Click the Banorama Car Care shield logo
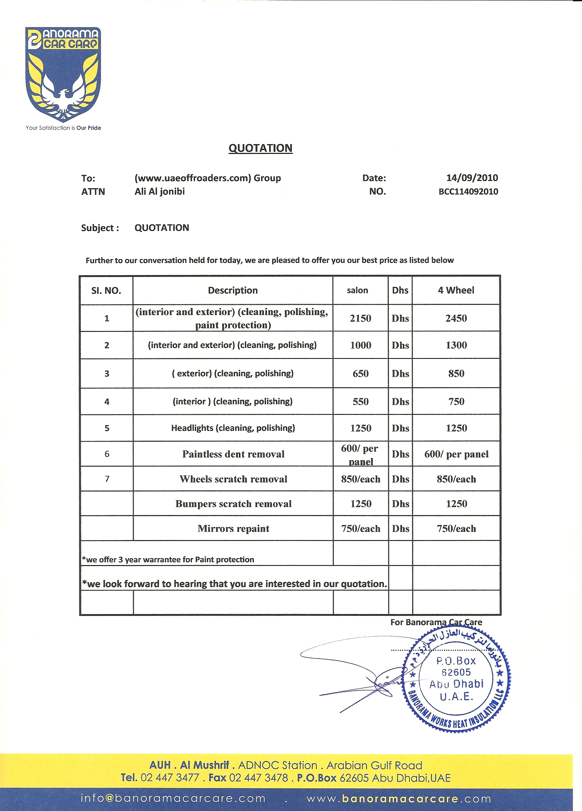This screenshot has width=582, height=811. pos(63,74)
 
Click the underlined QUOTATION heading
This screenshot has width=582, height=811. pos(260,148)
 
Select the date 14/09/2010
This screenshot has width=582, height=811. pos(472,178)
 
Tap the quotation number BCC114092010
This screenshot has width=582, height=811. pos(468,191)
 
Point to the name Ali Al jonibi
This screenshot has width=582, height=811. pos(159,191)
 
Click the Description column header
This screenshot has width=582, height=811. pos(233,290)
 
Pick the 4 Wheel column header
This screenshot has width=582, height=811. pos(456,290)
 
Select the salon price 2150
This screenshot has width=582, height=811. pos(360,318)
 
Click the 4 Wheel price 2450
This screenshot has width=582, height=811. pos(456,318)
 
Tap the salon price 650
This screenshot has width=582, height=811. pos(360,374)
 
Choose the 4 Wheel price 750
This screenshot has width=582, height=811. pos(456,402)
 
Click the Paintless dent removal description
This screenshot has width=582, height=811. pos(233,454)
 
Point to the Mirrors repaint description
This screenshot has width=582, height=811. pos(233,529)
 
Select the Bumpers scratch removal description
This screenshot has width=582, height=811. pos(233,504)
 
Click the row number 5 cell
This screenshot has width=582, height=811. pos(107,428)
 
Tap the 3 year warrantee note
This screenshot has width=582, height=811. pos(168,560)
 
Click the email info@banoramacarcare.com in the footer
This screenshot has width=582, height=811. pos(173,798)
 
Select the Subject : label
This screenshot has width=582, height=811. pos(100,228)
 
